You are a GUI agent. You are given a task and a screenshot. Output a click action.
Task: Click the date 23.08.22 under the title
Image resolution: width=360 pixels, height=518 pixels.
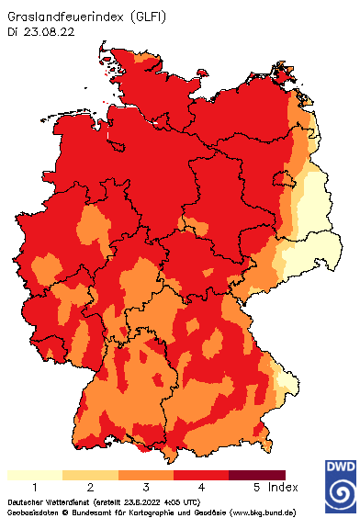pyautogui.click(x=51, y=31)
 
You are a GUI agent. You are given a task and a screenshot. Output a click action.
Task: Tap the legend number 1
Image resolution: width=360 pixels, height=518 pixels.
pyautogui.click(x=34, y=487)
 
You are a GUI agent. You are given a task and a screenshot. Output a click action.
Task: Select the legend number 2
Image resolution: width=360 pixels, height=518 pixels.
pyautogui.click(x=90, y=487)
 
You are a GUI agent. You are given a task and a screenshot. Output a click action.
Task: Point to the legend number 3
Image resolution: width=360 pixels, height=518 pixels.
pyautogui.click(x=146, y=487)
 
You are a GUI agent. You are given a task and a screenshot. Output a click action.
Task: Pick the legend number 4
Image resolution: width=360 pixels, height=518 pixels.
pyautogui.click(x=201, y=487)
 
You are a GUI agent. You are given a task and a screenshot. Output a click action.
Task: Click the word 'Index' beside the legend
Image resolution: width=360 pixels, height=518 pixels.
pyautogui.click(x=283, y=487)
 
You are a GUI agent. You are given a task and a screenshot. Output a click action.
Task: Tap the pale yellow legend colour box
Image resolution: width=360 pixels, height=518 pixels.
pyautogui.click(x=34, y=475)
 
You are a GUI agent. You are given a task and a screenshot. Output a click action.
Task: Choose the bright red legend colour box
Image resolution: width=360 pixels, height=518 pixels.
pyautogui.click(x=201, y=475)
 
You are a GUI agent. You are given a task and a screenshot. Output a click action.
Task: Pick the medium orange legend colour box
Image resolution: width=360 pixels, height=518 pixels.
pyautogui.click(x=146, y=475)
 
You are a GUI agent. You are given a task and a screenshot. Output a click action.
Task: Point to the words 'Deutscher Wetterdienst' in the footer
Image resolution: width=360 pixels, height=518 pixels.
pyautogui.click(x=41, y=502)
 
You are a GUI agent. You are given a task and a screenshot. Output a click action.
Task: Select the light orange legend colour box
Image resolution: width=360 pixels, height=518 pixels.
pyautogui.click(x=90, y=475)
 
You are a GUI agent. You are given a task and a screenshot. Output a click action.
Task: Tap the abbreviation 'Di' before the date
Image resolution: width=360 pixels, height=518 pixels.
pyautogui.click(x=12, y=31)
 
